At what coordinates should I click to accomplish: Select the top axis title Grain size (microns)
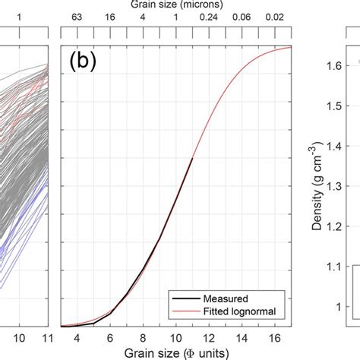coord(176,5)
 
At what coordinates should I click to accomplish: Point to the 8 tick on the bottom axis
coord(143,336)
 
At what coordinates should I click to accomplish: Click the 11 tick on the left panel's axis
coord(48,336)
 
